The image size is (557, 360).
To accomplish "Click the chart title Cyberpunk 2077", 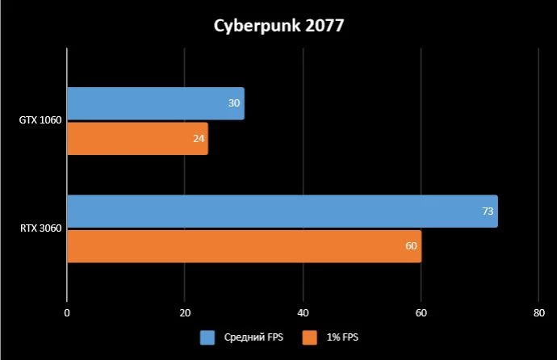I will coord(278,26).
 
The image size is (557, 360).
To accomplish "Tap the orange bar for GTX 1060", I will coord(137,139).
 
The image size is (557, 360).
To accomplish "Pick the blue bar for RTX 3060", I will coord(282,211).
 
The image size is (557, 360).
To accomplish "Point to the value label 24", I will coord(199,139).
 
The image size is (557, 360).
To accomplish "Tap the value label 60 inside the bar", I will coord(412,246).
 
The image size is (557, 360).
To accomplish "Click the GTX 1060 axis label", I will coord(40,121).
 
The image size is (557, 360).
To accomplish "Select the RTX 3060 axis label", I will coord(40,229).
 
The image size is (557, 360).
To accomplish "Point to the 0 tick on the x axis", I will coord(67,312).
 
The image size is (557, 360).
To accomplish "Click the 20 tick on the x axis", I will coord(185,312).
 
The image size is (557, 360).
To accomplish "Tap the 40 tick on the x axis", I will coord(303,312).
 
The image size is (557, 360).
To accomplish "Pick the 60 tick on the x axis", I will coord(421,312).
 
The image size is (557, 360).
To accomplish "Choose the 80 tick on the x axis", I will coord(538,312).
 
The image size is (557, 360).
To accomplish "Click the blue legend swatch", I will coord(206,337).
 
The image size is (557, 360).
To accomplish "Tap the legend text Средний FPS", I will coord(248,337).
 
